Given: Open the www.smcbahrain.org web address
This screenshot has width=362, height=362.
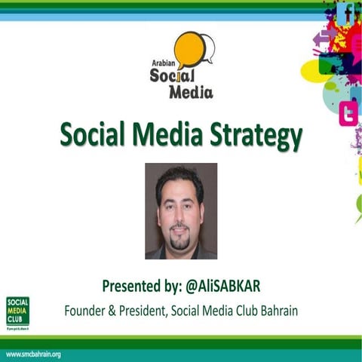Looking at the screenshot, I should [33, 354].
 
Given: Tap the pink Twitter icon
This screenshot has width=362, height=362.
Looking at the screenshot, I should [348, 114].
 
